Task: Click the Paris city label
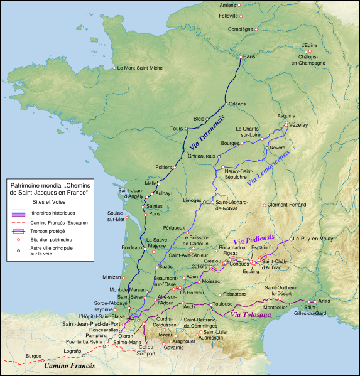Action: tap(249, 57)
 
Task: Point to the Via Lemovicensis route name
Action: tap(268, 168)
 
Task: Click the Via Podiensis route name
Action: tap(254, 239)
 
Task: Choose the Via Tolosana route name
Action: tap(251, 314)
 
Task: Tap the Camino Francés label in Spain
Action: tap(68, 366)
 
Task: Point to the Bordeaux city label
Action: tap(133, 248)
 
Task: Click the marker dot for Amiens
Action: tap(239, 5)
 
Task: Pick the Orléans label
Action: tap(237, 104)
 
